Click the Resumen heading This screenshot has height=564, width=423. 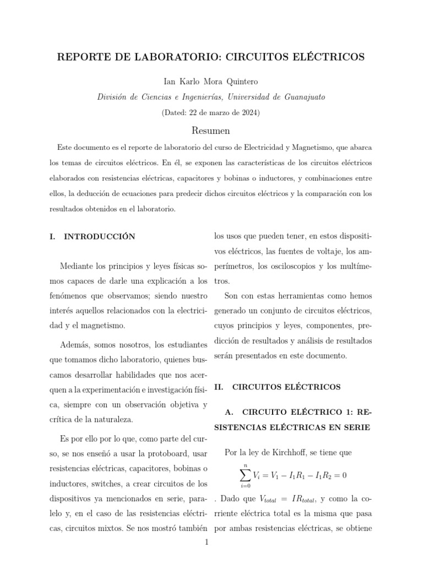(211, 131)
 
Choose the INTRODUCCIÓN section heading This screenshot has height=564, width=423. (100, 237)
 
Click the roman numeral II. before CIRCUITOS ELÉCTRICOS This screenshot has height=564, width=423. (218, 387)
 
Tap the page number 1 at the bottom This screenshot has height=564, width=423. (206, 543)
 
